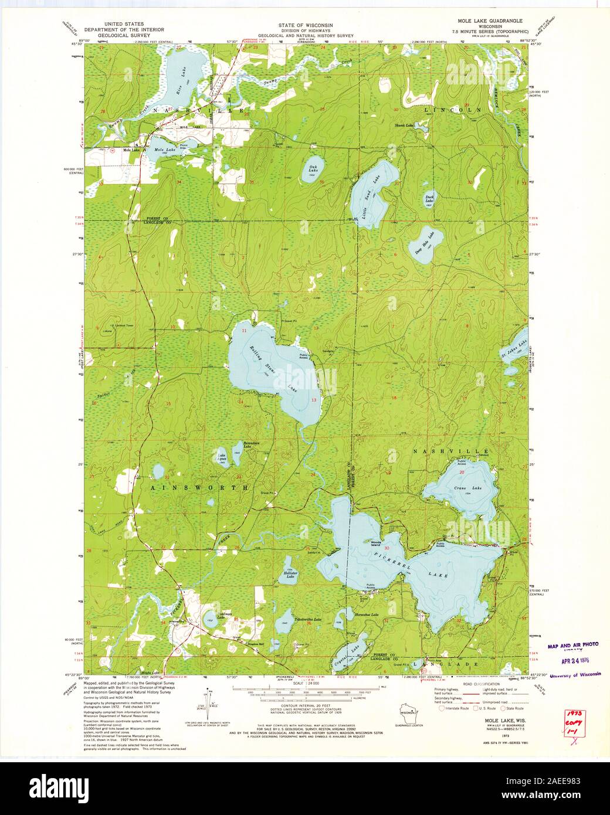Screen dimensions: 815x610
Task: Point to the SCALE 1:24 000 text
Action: coord(304,683)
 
